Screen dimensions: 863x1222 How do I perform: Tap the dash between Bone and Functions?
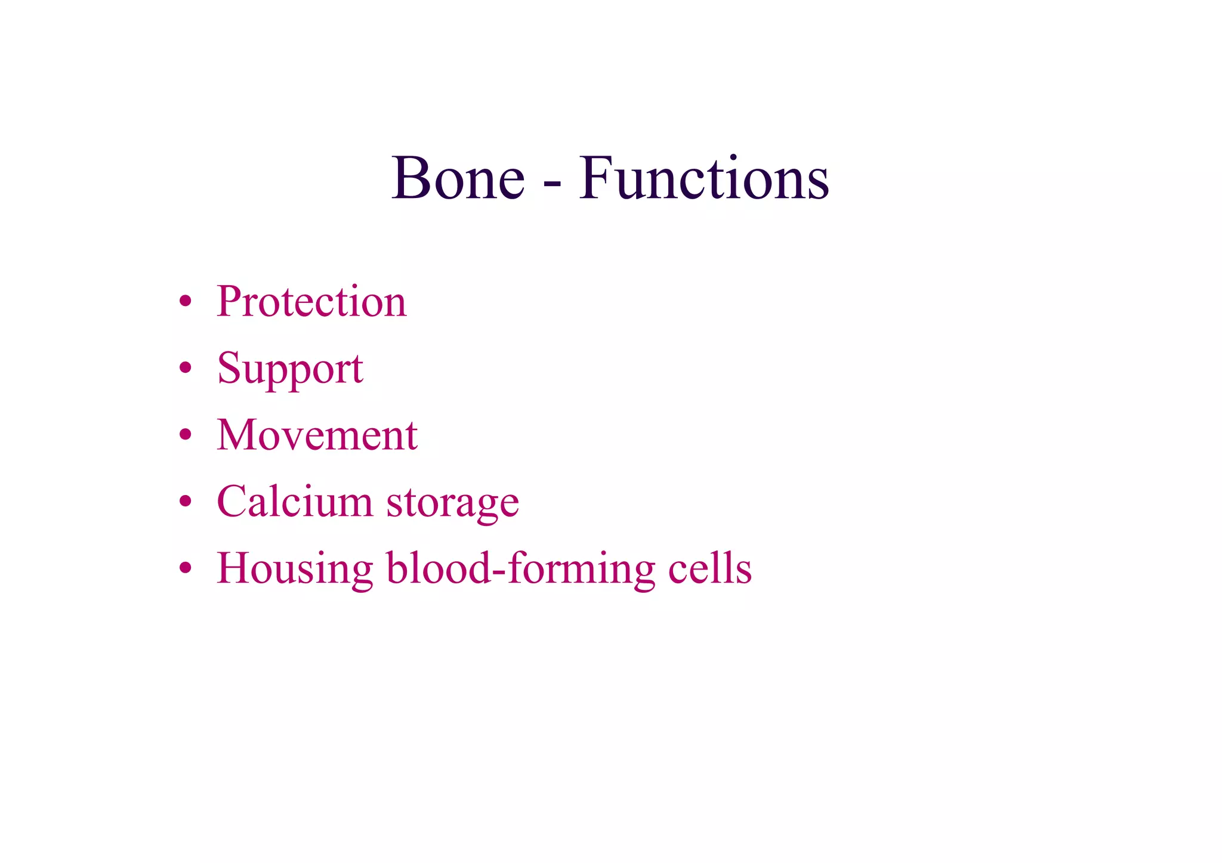click(x=553, y=184)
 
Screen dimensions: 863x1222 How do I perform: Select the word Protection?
click(x=311, y=301)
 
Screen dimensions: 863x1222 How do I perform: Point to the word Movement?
click(x=317, y=435)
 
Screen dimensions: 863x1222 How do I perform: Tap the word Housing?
click(x=295, y=570)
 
